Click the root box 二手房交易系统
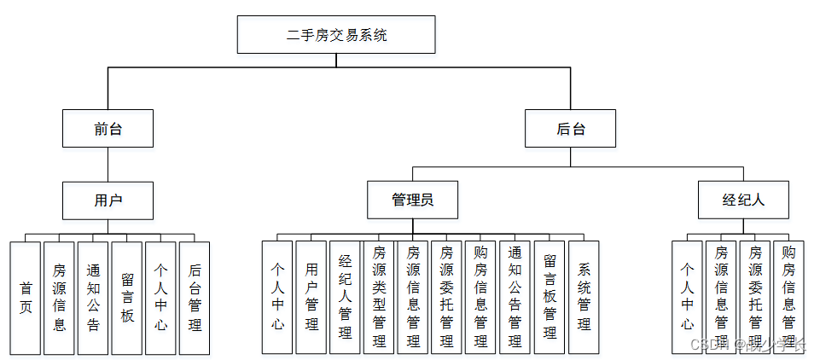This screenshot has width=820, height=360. [x=336, y=36]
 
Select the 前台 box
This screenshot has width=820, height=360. [x=108, y=129]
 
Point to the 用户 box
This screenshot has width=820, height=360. [x=108, y=200]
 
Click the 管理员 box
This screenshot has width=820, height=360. [x=413, y=200]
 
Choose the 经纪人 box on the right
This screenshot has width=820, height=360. [x=743, y=200]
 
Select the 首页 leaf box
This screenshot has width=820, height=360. [x=26, y=297]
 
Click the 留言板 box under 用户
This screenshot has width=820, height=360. [x=127, y=297]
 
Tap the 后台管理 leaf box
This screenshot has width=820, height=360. [x=195, y=297]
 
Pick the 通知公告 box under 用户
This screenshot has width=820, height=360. [x=93, y=297]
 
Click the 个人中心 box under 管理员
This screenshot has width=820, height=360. [x=277, y=297]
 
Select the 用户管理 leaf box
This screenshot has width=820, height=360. [x=311, y=297]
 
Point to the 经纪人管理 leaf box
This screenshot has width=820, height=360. [x=345, y=297]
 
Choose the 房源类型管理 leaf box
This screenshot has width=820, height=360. [x=379, y=297]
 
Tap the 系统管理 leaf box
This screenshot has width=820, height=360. [x=584, y=297]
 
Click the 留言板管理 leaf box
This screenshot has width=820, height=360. [x=550, y=297]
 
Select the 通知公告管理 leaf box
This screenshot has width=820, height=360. [x=515, y=297]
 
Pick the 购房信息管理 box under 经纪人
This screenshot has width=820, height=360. [x=788, y=297]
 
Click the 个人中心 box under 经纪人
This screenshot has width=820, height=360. [x=687, y=297]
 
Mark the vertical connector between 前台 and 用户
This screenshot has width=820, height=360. [x=108, y=165]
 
